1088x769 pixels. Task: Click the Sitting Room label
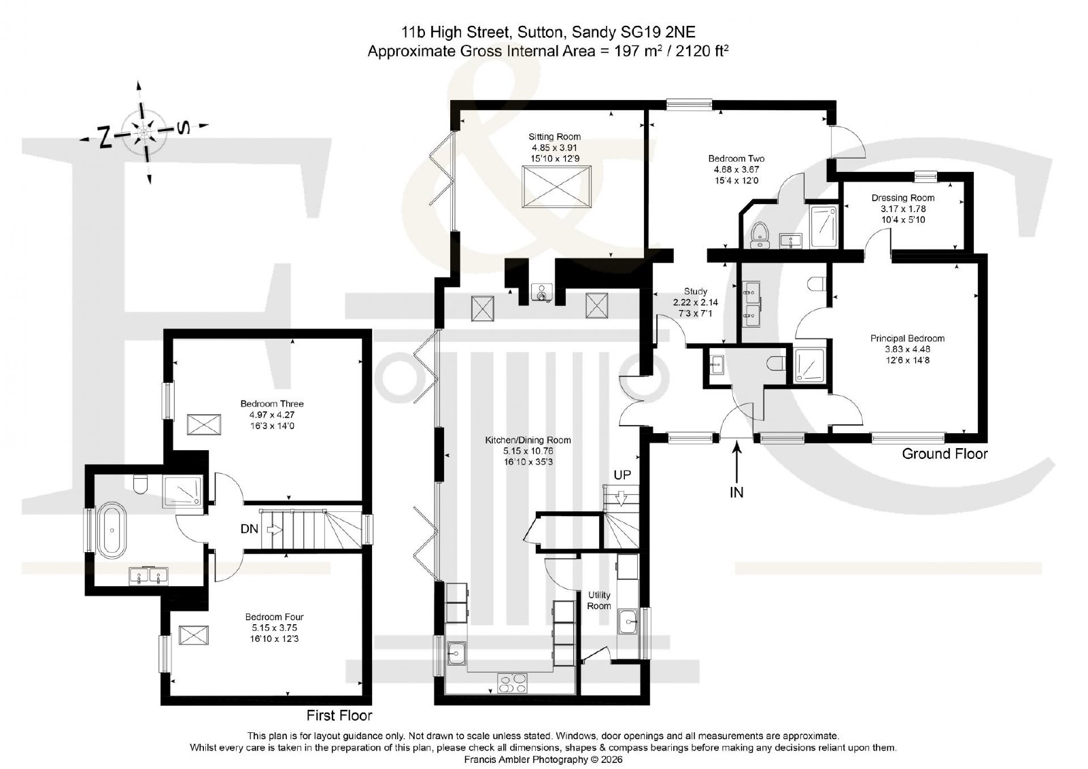554,137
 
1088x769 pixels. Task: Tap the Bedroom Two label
736,158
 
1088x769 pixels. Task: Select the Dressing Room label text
902,199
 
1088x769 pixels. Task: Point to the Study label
695,292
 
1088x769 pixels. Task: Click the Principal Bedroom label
907,339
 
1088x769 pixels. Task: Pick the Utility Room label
598,600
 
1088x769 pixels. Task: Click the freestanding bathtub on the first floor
112,530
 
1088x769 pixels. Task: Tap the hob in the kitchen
512,683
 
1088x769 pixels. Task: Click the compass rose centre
143,132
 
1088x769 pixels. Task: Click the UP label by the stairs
622,475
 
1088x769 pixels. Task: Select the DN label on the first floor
249,529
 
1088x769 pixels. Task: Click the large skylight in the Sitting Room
557,186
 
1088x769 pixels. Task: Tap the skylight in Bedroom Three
204,424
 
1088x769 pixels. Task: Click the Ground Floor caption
945,454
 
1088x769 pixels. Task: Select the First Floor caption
339,715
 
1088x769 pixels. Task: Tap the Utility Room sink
628,622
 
